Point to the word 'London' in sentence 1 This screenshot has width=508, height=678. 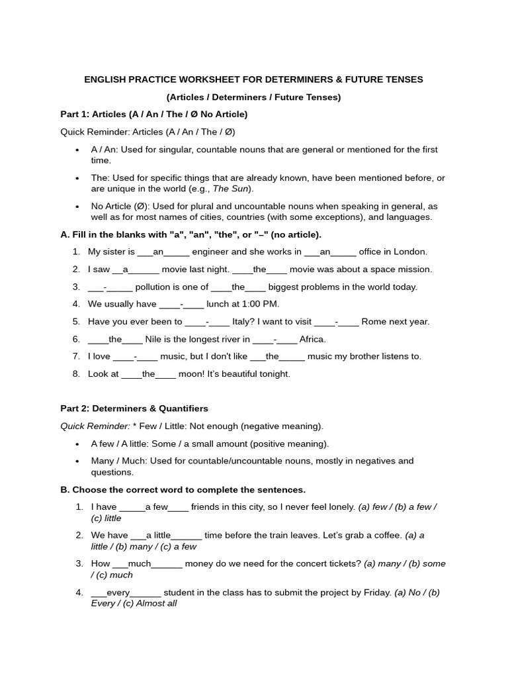coord(411,252)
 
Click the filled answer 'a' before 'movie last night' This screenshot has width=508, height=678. coord(126,269)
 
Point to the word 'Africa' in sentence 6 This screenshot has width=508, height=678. coord(312,339)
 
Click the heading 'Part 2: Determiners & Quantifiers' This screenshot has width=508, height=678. coord(134,409)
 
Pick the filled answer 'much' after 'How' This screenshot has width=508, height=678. coord(140,563)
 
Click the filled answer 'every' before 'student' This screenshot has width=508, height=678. coord(118,592)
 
